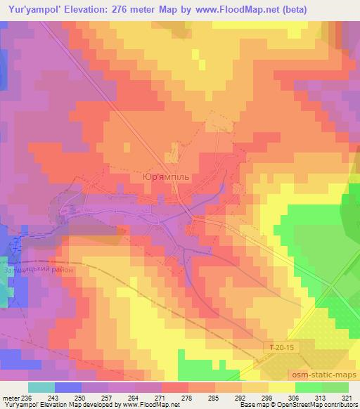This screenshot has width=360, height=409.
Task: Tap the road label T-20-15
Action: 282,346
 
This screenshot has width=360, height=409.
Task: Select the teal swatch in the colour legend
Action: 41,387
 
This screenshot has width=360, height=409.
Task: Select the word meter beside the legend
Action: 11,397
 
